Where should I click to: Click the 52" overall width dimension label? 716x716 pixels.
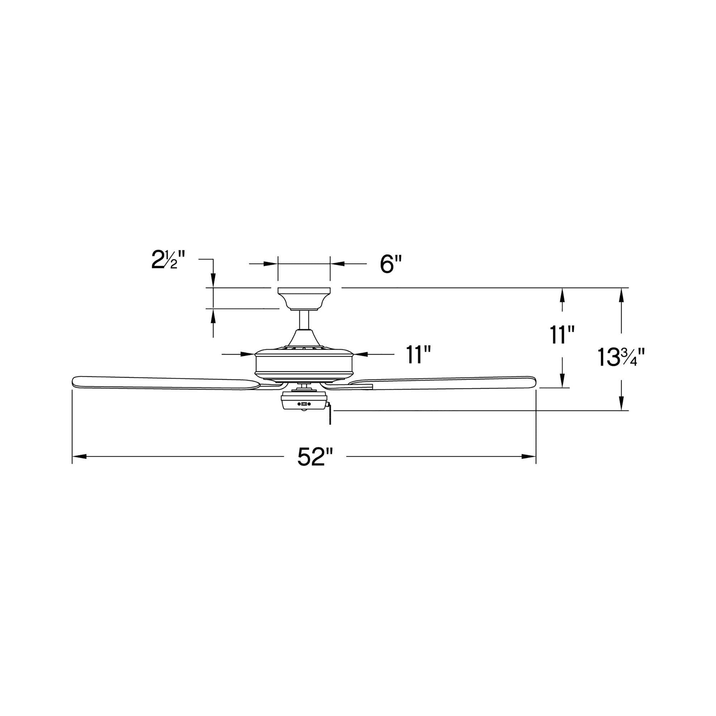coord(315,457)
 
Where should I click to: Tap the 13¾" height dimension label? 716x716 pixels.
coord(621,358)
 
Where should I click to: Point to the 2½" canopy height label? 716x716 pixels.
coord(168,260)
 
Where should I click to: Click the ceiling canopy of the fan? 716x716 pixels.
coord(304,299)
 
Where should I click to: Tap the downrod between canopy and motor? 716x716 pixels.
coord(304,319)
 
